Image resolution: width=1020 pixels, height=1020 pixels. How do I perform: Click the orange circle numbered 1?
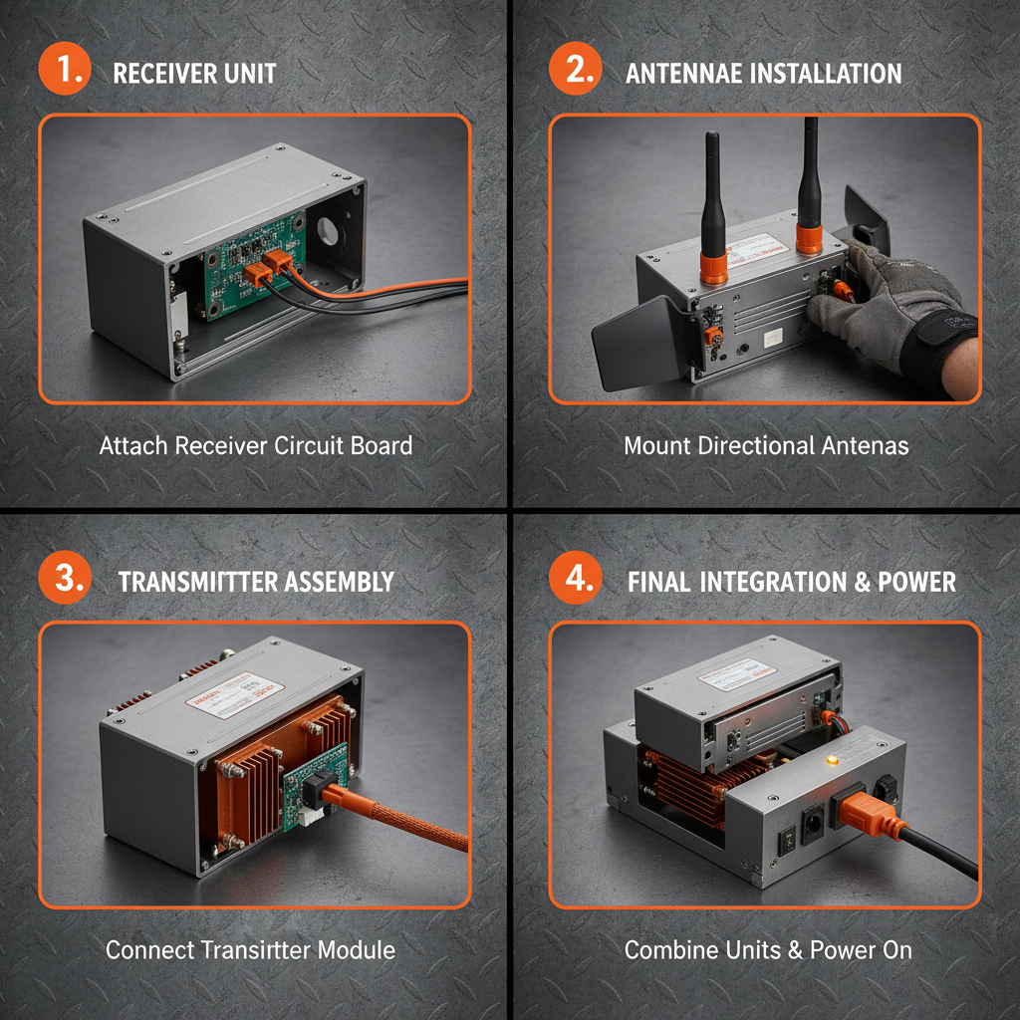(x=65, y=72)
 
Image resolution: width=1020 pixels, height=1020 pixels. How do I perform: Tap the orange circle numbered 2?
(x=576, y=72)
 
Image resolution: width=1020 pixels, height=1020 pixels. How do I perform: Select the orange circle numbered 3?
(x=65, y=579)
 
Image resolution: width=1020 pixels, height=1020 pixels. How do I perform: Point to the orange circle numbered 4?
(x=576, y=579)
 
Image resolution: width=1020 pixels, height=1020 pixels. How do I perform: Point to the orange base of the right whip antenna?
(x=808, y=239)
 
